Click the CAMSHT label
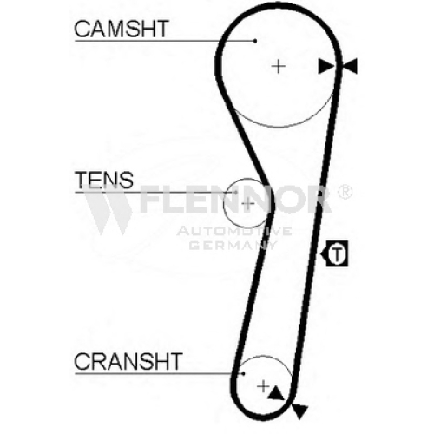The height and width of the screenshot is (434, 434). (x=122, y=29)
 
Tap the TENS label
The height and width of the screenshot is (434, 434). (x=104, y=180)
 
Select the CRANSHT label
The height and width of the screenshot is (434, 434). (x=128, y=361)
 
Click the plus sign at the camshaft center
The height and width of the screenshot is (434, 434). (x=279, y=67)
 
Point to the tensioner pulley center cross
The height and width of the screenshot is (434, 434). (x=248, y=204)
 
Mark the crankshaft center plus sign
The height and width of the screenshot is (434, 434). (x=263, y=386)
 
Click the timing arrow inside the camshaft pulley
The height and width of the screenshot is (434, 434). (x=325, y=66)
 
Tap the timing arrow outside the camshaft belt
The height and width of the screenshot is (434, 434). (x=350, y=66)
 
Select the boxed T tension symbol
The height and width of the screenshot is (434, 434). (x=334, y=253)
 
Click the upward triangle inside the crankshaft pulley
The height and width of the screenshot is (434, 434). (x=276, y=393)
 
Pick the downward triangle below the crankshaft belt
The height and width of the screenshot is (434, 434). (x=299, y=411)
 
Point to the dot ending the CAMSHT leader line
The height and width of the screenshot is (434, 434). (x=255, y=41)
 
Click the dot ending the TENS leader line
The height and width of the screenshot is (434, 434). (x=236, y=192)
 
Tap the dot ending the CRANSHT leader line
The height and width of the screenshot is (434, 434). (x=243, y=373)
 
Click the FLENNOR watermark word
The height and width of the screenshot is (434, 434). (x=235, y=199)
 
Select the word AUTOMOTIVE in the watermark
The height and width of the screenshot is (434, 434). (x=234, y=231)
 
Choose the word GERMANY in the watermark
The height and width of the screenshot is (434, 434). (x=233, y=246)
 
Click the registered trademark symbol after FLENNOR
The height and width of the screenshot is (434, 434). (x=345, y=192)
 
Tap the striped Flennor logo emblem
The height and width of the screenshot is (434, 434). (x=107, y=209)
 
